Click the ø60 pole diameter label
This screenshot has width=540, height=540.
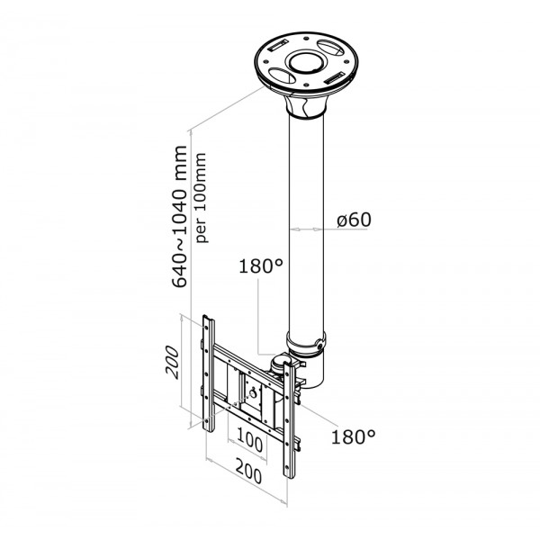point(354,220)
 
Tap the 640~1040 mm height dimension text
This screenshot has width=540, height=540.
point(180,216)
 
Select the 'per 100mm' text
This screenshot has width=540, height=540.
point(201,198)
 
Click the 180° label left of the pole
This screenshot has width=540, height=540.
point(261,266)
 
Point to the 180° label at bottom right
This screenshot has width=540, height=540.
point(353,436)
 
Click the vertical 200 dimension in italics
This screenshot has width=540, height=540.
point(172,363)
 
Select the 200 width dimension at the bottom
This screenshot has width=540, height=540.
point(248,471)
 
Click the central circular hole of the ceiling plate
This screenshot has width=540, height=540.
point(306,63)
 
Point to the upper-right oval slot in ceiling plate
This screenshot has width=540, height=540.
point(330,48)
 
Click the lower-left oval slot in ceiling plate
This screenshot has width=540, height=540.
point(282,76)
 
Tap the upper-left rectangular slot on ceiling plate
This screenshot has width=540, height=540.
point(277,45)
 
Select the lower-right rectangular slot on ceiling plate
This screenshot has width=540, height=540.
point(334,77)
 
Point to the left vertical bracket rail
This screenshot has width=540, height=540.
point(209,373)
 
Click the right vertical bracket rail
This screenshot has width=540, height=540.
point(289,420)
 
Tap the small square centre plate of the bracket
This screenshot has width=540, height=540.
point(254,392)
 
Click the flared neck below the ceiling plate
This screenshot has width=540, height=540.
point(305,105)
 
